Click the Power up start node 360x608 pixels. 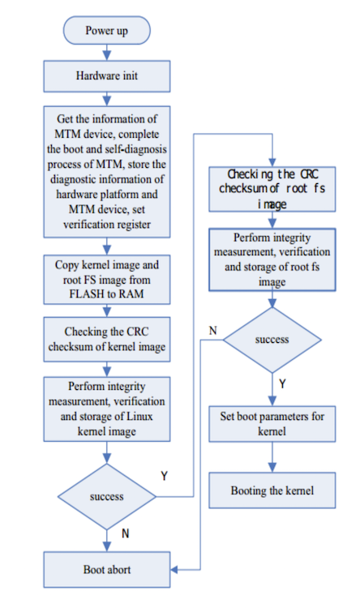pyautogui.click(x=107, y=30)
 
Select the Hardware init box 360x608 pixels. pyautogui.click(x=107, y=76)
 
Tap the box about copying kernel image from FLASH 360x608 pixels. pyautogui.click(x=107, y=280)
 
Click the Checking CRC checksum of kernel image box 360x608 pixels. pyautogui.click(x=107, y=340)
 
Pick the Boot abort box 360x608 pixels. pyautogui.click(x=107, y=570)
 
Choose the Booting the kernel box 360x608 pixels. pyautogui.click(x=272, y=490)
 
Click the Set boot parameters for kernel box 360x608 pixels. pyautogui.click(x=272, y=424)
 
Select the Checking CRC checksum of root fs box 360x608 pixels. pyautogui.click(x=272, y=189)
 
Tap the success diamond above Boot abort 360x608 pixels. pyautogui.click(x=107, y=497)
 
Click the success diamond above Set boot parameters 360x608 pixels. pyautogui.click(x=272, y=340)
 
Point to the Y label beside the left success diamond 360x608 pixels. pyautogui.click(x=164, y=476)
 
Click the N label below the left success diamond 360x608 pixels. pyautogui.click(x=125, y=533)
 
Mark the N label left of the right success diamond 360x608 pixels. pyautogui.click(x=212, y=331)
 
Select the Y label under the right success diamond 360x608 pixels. pyautogui.click(x=282, y=384)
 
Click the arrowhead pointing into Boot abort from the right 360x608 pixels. pyautogui.click(x=174, y=570)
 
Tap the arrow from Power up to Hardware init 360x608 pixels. pyautogui.click(x=107, y=53)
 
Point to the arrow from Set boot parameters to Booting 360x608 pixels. pyautogui.click(x=272, y=457)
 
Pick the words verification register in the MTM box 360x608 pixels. pyautogui.click(x=107, y=225)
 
